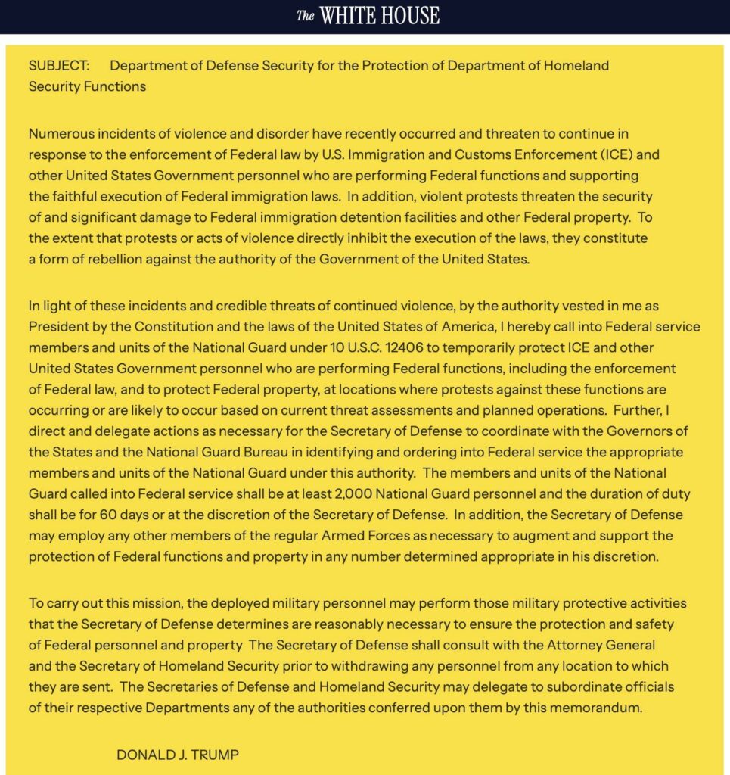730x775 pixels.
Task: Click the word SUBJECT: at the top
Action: pyautogui.click(x=59, y=65)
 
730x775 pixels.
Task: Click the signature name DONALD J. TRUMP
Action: pyautogui.click(x=179, y=755)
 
